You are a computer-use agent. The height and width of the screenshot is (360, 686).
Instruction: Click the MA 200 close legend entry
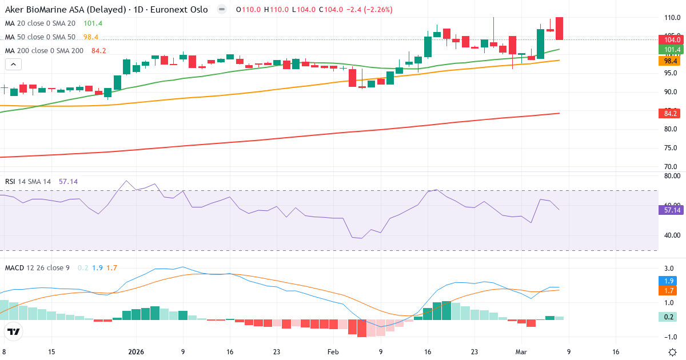point(44,51)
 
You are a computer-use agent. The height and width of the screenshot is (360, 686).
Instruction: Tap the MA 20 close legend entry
point(40,23)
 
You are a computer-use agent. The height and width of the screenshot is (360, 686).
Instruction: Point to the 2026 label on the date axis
point(136,352)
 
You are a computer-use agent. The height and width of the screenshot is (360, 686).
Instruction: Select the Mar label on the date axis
point(521,352)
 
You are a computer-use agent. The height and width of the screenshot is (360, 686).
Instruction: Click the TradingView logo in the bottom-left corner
point(14,331)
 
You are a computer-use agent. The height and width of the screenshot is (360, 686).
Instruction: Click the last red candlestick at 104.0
point(559,29)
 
